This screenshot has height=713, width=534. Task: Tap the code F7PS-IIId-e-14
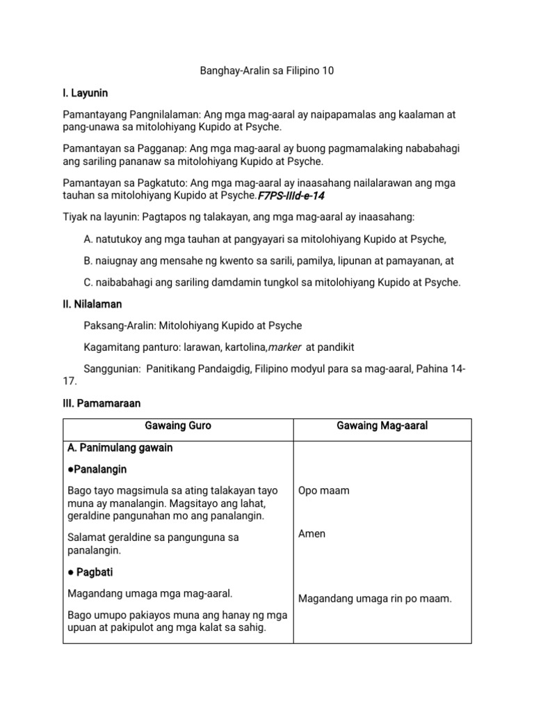tap(291, 196)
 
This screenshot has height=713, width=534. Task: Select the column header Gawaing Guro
tap(178, 425)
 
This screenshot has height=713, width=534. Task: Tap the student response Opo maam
tap(324, 491)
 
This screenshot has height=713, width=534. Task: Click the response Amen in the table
tap(311, 534)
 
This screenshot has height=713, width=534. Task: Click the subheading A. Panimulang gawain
tap(120, 448)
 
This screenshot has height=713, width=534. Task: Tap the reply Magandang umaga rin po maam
tap(375, 598)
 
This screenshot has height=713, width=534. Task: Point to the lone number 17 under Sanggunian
tap(70, 382)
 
